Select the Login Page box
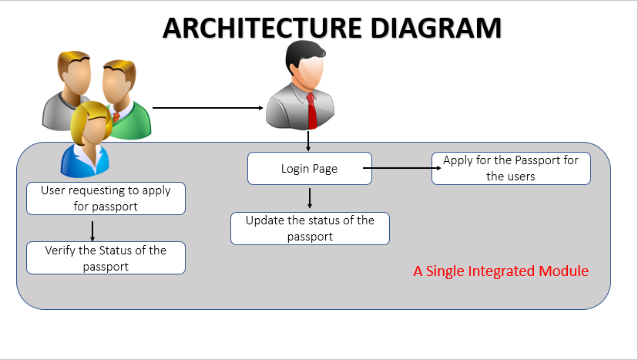(x=309, y=168)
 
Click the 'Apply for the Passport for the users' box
(x=511, y=168)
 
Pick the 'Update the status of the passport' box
(x=310, y=228)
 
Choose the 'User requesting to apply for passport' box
(x=106, y=198)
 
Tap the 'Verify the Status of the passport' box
(x=106, y=258)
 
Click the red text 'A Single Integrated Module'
(x=501, y=271)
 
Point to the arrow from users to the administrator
(x=208, y=108)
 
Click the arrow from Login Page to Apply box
(x=401, y=163)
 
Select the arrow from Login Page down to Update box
(x=310, y=197)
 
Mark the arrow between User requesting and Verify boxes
(x=92, y=230)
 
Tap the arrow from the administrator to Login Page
(x=308, y=141)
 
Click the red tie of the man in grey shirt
(x=312, y=112)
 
